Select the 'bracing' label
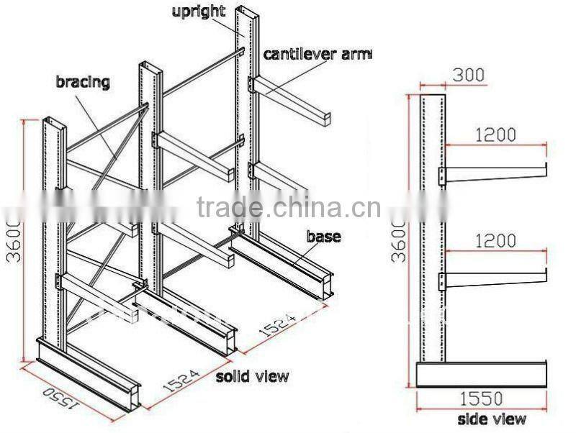tap(83, 81)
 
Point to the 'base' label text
tap(323, 236)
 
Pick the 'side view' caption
tap(492, 419)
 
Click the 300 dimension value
tap(469, 74)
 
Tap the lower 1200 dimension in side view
tap(495, 240)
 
